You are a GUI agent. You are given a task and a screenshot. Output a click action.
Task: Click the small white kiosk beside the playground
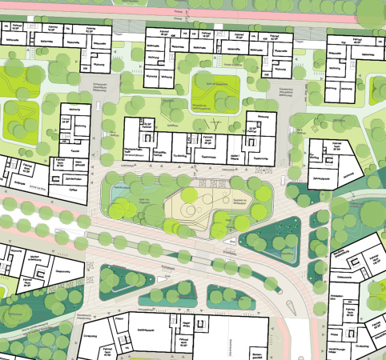pyautogui.click(x=231, y=239)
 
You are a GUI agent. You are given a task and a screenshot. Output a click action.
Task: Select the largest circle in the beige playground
pyautogui.click(x=190, y=211)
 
